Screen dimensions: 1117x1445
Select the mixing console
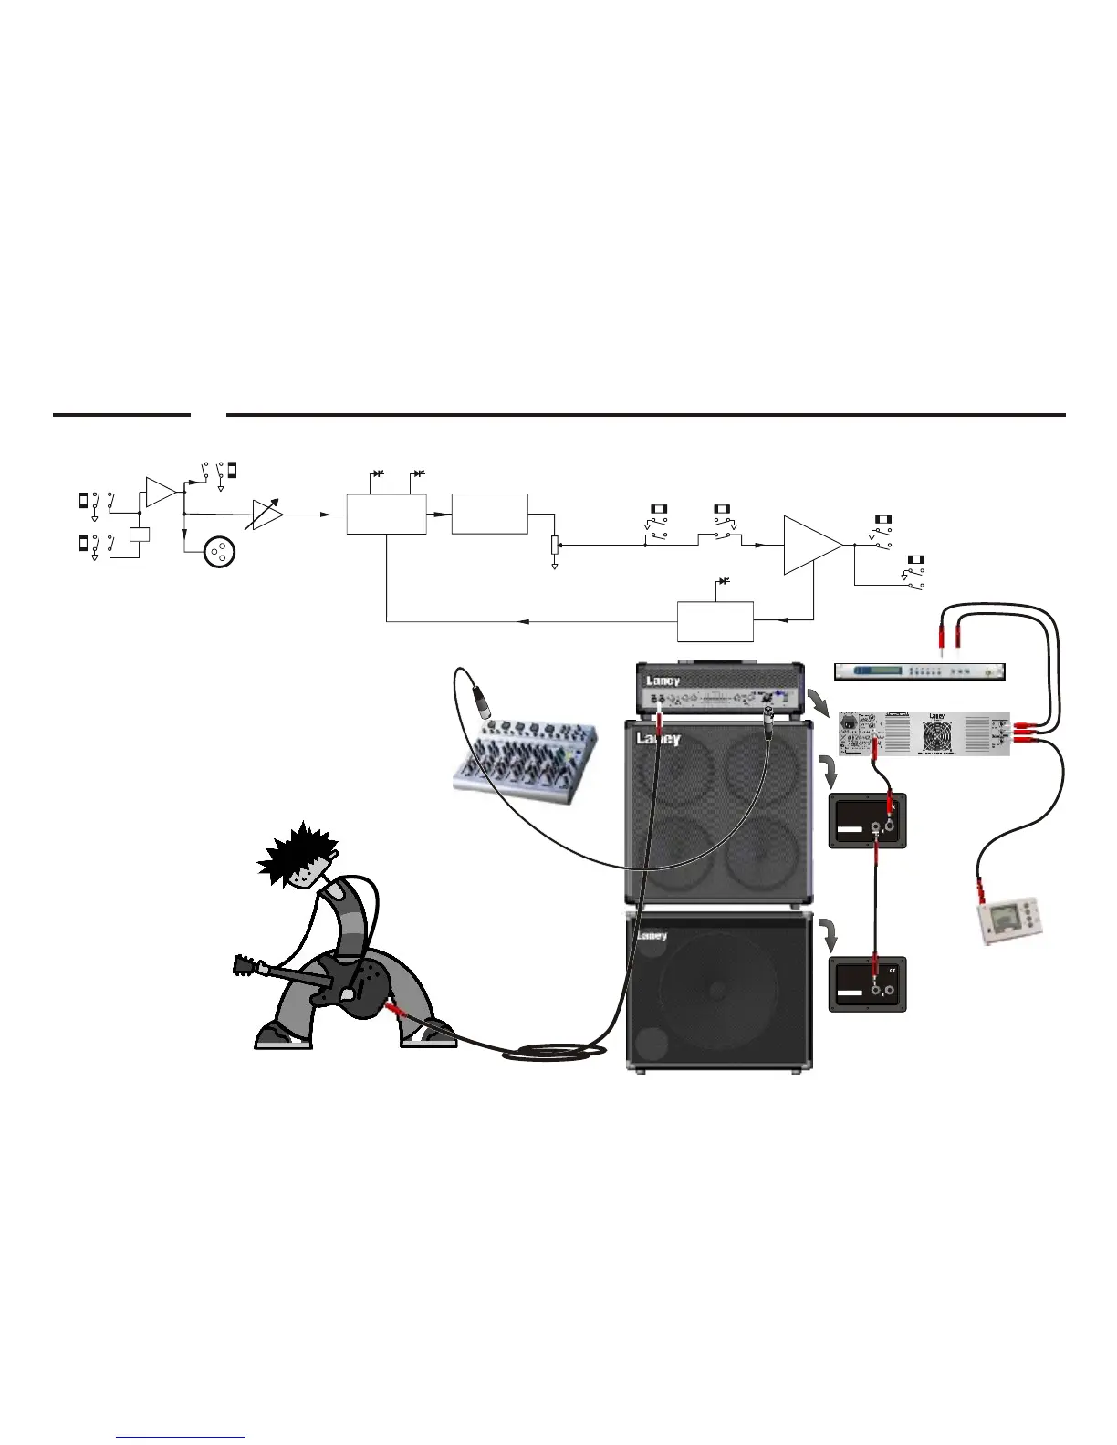(527, 757)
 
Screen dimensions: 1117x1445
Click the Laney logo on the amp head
(663, 681)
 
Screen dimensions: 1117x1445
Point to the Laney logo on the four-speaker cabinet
(658, 739)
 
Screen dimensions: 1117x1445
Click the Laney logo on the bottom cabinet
(652, 935)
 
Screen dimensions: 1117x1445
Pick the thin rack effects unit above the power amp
(919, 672)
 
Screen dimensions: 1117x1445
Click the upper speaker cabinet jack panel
(867, 821)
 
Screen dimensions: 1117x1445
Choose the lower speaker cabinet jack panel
(867, 983)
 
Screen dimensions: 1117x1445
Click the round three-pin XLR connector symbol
(218, 553)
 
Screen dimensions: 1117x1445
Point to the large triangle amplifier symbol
(811, 545)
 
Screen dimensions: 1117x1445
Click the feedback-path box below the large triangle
(715, 621)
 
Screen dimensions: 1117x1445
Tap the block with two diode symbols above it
(386, 514)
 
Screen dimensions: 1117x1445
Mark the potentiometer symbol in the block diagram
(554, 546)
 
